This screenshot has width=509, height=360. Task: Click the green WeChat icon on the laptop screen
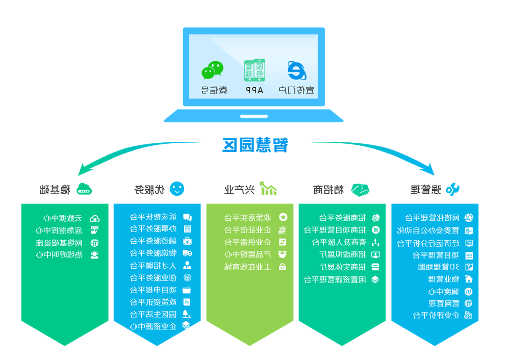click(x=212, y=71)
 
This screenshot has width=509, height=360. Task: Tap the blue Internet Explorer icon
click(x=296, y=70)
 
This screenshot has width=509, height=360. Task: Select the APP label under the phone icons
click(x=254, y=90)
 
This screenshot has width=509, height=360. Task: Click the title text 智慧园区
click(x=255, y=145)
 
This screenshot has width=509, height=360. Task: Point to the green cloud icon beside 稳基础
click(x=85, y=190)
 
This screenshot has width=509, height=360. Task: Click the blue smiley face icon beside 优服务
click(x=177, y=189)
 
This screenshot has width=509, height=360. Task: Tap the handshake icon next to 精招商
click(x=360, y=190)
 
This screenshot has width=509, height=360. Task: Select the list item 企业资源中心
click(x=153, y=326)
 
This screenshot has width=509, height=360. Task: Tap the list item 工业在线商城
click(x=247, y=267)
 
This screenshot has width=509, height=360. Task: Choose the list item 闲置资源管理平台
click(x=334, y=279)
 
